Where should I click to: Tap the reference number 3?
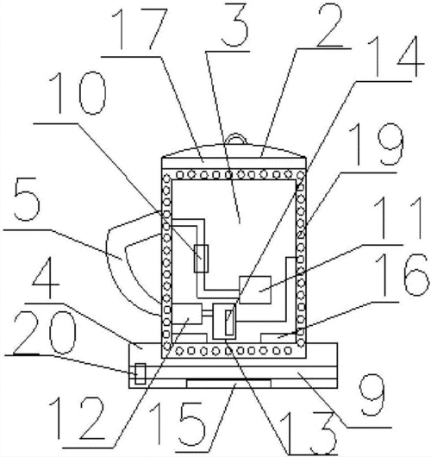coord(234,24)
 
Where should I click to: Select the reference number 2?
coord(329,25)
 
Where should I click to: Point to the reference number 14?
coord(395,57)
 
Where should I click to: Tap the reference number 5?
coord(27,199)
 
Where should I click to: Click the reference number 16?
coord(402,274)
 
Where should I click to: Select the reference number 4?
coord(46,277)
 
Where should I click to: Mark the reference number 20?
coord(45,332)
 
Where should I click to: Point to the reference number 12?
coord(78,418)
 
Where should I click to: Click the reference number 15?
coord(178,424)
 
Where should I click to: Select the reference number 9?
coord(372,395)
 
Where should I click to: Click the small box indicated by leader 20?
coord(141,373)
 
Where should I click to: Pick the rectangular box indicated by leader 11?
coord(255,290)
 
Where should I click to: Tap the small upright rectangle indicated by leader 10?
coord(201,259)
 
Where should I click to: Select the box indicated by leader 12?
coord(187,314)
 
